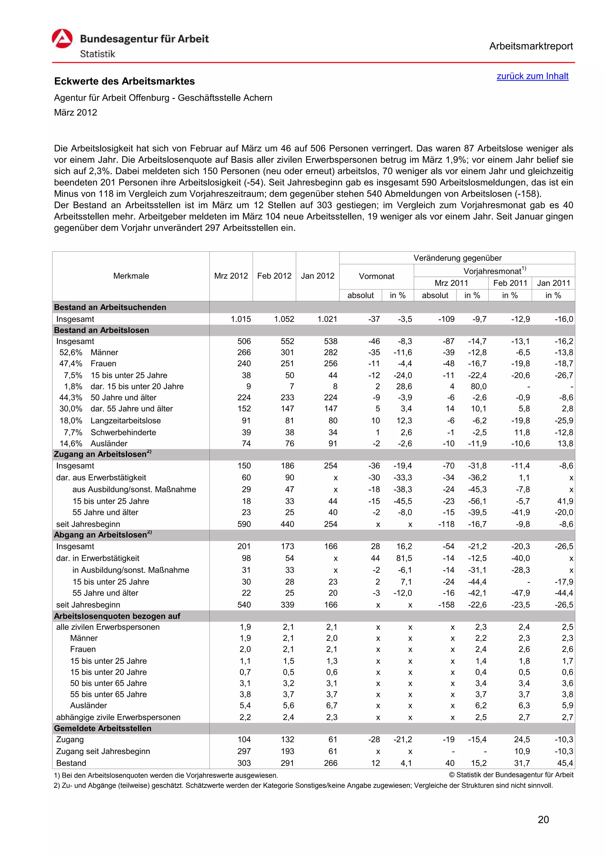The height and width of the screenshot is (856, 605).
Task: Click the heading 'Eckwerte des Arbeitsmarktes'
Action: coord(124,81)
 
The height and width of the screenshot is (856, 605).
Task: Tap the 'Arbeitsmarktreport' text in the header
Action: coord(531,46)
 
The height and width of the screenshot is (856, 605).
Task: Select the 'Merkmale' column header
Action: coord(131,276)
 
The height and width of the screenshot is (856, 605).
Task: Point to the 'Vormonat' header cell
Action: coord(376,276)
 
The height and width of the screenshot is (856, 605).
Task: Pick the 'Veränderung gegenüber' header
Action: coord(457,258)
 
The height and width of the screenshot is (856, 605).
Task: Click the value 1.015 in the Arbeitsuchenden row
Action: coord(240,319)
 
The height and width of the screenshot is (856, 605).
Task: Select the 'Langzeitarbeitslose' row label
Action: coord(126,421)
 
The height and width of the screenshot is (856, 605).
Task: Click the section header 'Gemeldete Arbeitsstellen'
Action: coord(103,728)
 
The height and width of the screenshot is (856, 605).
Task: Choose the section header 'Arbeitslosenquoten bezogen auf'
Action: coord(117,616)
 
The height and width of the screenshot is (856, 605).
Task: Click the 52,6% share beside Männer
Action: coord(71,352)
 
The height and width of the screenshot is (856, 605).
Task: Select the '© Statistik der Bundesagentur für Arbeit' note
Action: coord(511,775)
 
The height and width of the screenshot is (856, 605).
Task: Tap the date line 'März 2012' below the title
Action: coord(76,113)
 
